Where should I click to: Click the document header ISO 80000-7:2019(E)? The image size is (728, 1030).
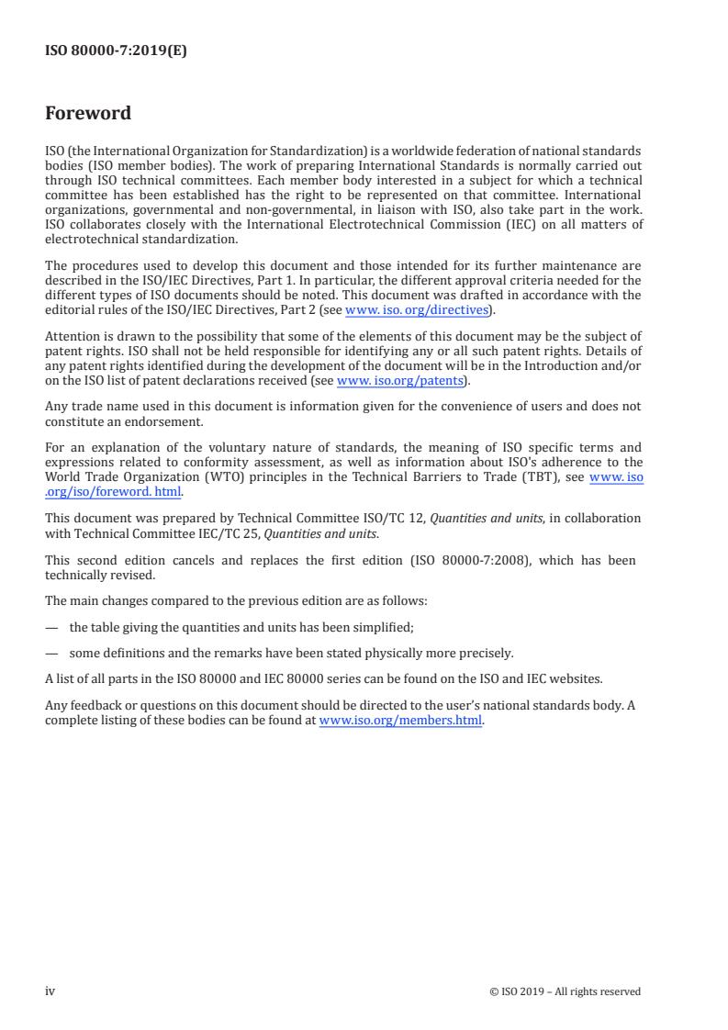click(116, 51)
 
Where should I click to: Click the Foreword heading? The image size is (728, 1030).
click(88, 114)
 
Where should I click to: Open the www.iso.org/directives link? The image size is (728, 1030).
click(416, 310)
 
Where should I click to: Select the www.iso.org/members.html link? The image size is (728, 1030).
click(400, 721)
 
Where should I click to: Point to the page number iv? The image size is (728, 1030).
click(50, 991)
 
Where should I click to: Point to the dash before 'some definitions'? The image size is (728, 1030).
click(51, 654)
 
